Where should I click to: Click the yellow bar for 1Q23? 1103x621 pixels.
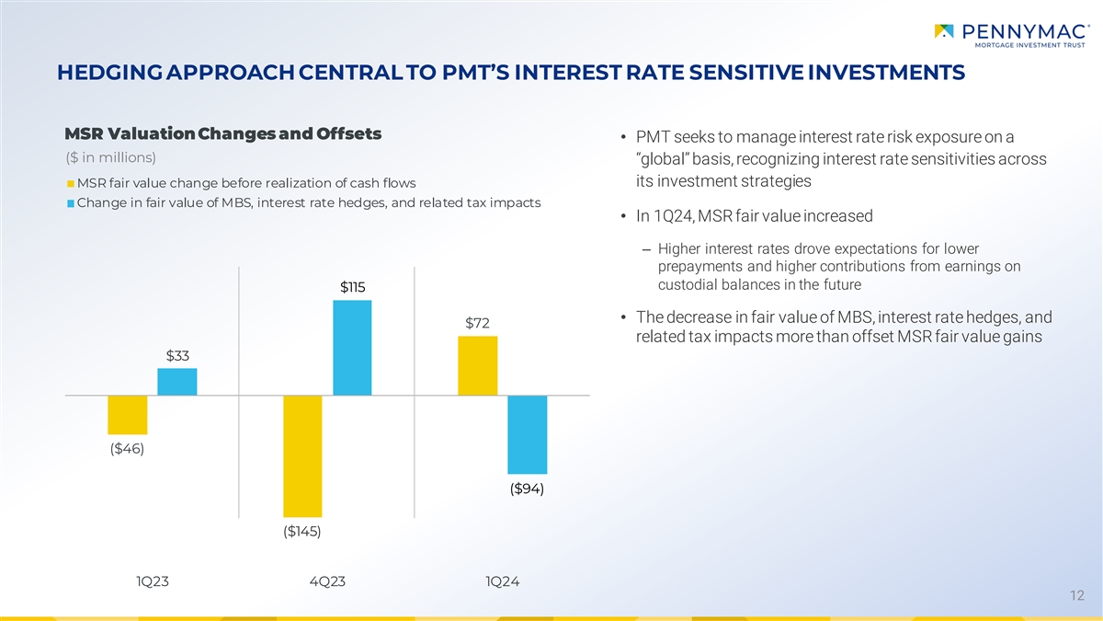tap(127, 415)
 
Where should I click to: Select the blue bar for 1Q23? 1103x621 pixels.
tap(176, 382)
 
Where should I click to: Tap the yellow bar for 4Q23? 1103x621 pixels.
tap(302, 456)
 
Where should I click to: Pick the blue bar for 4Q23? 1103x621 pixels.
tap(352, 348)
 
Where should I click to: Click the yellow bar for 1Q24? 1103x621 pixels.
tap(478, 365)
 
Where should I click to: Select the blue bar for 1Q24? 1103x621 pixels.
tap(528, 435)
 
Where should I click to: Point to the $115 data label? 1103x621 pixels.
tap(353, 287)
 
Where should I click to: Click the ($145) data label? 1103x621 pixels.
tap(302, 532)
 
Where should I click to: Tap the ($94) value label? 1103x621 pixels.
tap(528, 489)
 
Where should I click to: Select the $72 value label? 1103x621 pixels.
tap(477, 323)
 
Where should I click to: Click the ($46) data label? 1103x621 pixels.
tap(127, 449)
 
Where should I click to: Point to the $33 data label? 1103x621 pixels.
tap(177, 355)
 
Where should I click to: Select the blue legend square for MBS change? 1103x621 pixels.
tap(71, 203)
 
